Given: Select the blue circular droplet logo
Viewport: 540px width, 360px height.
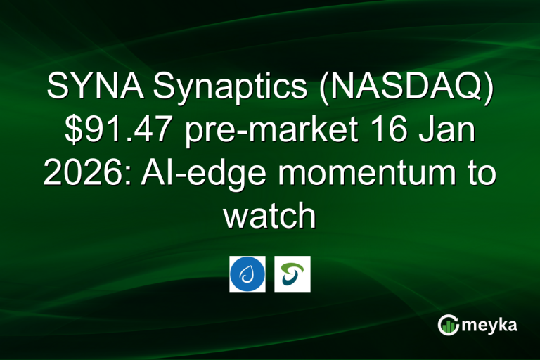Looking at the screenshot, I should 247,274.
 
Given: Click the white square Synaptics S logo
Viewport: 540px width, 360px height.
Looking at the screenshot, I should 292,274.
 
